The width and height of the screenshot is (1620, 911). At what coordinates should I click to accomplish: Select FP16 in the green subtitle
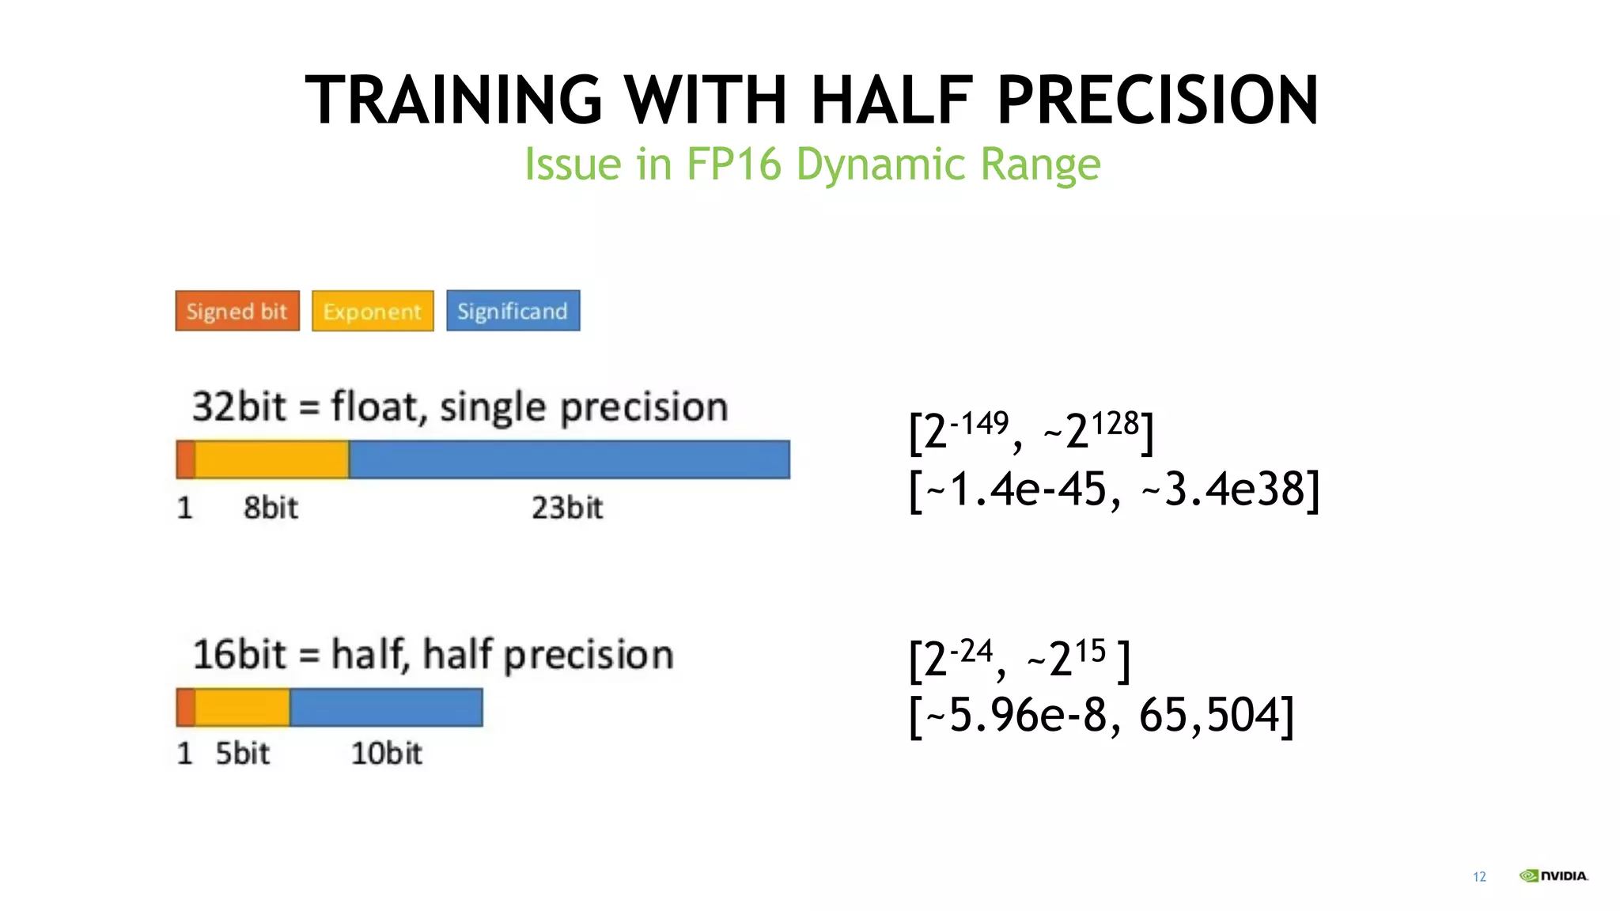(733, 164)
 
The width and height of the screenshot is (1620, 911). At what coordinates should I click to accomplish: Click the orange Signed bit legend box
(237, 311)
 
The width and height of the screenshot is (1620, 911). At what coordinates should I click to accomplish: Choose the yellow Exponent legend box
(373, 311)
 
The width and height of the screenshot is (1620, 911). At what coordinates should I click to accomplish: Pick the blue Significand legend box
(513, 311)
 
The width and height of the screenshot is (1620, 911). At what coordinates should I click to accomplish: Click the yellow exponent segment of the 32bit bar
(271, 459)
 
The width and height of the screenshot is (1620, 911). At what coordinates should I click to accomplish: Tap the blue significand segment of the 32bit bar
(570, 459)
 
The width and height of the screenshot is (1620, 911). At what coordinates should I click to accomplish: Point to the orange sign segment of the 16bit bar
(185, 707)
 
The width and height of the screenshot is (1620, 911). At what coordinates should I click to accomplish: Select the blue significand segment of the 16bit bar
(386, 707)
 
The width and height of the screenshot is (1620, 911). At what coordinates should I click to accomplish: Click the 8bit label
(271, 508)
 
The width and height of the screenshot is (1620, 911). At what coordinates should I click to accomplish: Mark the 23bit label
(566, 508)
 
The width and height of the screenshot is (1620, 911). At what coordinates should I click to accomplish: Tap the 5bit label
(242, 754)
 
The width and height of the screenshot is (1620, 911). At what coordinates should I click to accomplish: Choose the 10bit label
(386, 754)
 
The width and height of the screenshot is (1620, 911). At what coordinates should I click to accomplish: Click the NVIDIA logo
(1553, 875)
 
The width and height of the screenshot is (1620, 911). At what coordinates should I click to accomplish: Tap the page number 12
(1479, 877)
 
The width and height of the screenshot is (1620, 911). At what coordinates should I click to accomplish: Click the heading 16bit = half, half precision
(433, 655)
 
